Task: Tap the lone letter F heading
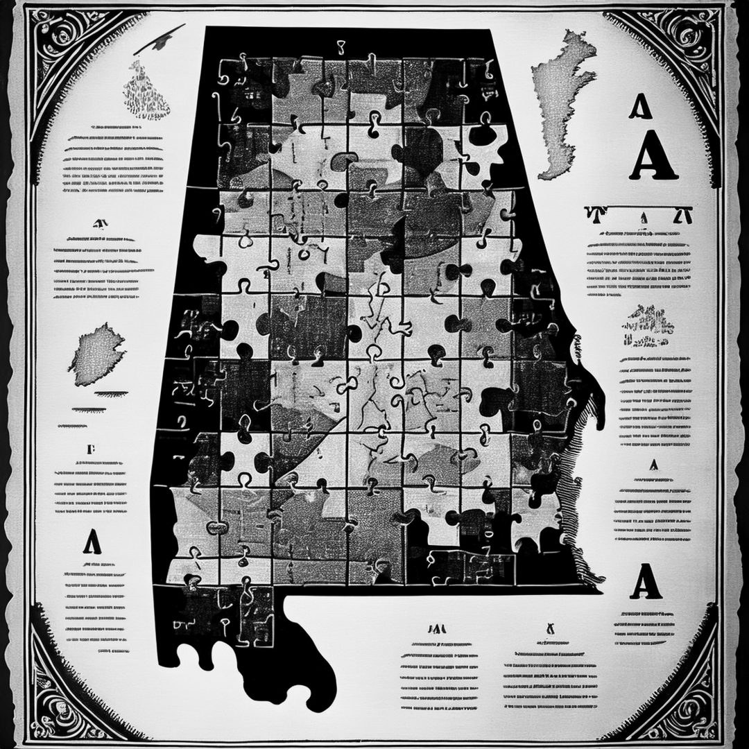91,449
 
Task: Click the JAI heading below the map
437,629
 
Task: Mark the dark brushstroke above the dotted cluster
160,39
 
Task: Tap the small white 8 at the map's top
340,47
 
